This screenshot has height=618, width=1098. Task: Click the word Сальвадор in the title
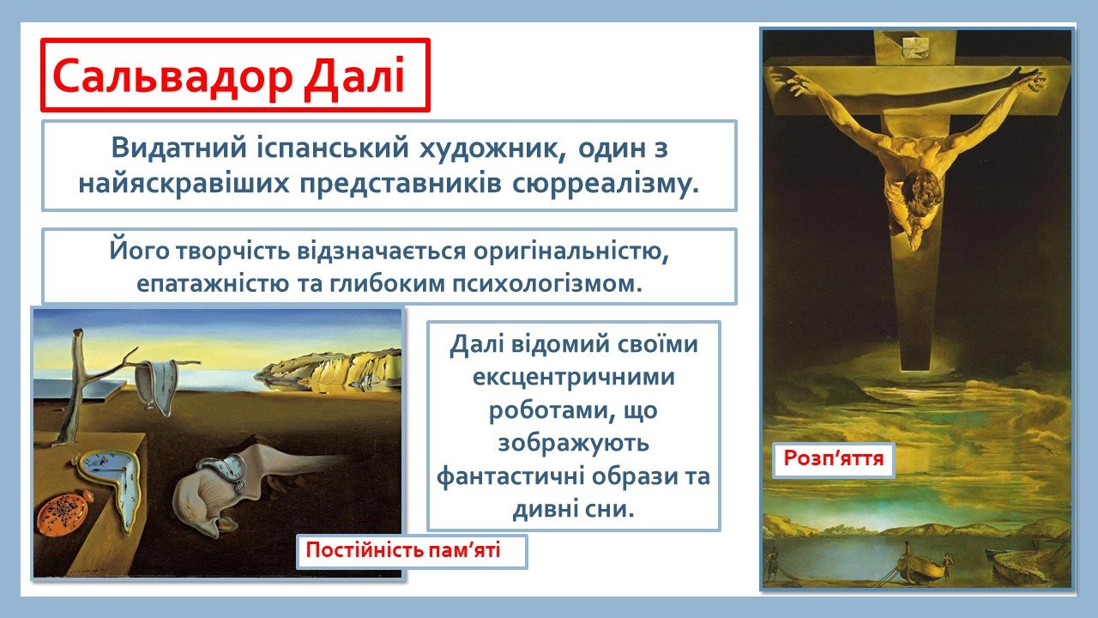(172, 76)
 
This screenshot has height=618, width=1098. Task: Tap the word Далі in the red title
(354, 76)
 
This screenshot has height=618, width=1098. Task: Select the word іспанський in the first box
(334, 148)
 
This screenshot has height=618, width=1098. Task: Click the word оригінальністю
(571, 252)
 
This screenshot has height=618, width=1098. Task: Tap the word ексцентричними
(574, 377)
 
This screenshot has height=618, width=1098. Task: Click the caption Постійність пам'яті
(403, 550)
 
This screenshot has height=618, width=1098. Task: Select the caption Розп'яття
(833, 458)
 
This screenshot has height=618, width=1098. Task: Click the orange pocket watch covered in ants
(64, 515)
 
